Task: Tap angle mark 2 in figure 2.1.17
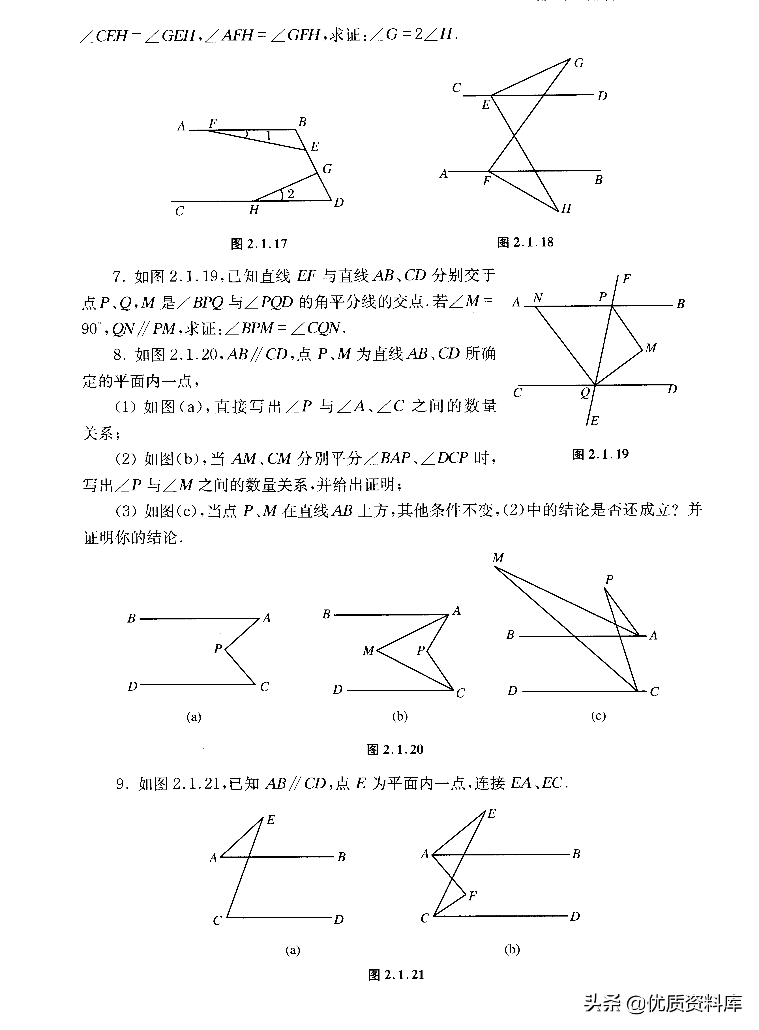pos(290,194)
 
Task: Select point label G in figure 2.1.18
pos(578,63)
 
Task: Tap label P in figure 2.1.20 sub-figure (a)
pos(218,649)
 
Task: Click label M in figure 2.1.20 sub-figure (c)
pos(498,558)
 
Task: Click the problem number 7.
pos(118,277)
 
